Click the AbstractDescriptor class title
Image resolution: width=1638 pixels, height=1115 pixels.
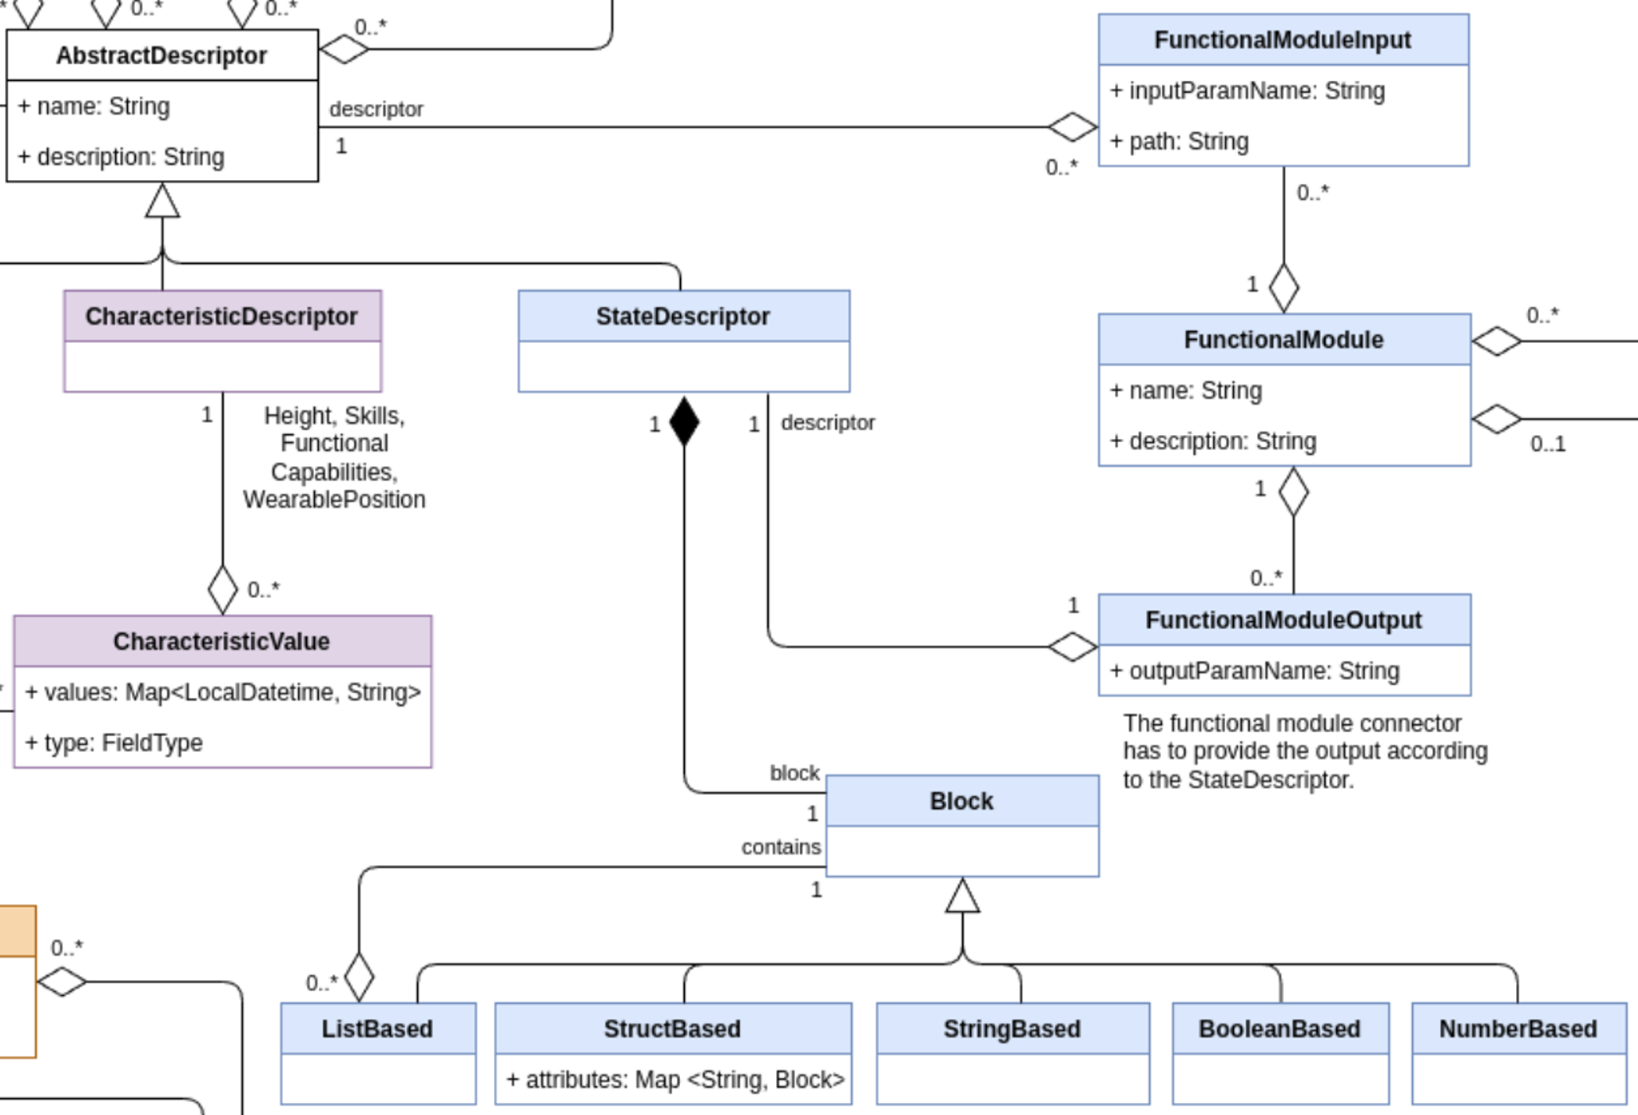point(161,55)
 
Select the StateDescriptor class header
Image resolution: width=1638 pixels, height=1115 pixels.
point(682,316)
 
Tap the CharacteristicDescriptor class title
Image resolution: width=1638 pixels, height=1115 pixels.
point(221,316)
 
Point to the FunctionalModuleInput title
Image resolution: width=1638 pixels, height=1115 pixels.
point(1282,40)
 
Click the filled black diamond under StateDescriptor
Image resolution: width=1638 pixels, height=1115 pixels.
point(684,421)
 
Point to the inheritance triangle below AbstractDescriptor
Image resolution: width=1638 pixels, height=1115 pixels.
point(162,201)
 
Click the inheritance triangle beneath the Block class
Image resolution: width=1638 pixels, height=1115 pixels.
point(962,896)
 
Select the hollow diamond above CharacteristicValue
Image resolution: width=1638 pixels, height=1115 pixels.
point(223,589)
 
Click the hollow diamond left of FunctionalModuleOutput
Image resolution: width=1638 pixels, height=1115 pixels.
point(1072,647)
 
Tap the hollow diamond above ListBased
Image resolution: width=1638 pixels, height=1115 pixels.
point(359,977)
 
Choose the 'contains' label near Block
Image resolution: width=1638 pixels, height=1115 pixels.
point(781,847)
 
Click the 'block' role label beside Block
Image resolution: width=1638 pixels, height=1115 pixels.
point(794,773)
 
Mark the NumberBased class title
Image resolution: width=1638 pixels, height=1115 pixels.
point(1518,1029)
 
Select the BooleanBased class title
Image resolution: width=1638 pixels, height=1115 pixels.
point(1279,1029)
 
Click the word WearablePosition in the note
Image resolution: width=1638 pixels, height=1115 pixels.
point(334,500)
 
